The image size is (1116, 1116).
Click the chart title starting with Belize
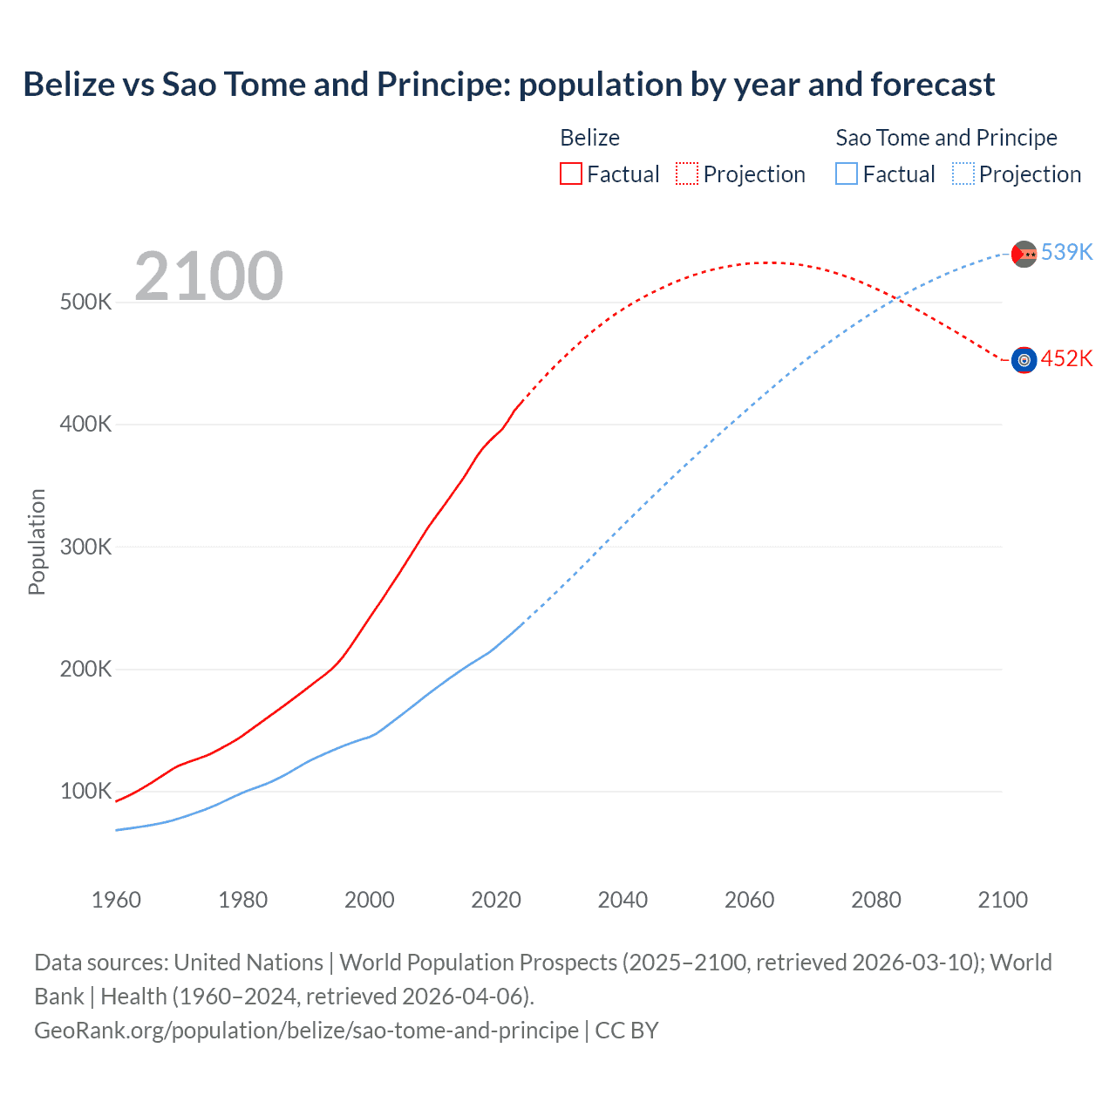point(508,85)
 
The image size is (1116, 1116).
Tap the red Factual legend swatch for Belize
point(570,174)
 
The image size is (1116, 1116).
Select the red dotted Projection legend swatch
point(687,174)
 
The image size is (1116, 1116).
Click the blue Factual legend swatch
point(846,174)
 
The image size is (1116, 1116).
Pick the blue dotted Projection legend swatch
point(963,174)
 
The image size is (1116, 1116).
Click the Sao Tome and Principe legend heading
point(946,138)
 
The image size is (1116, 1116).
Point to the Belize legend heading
point(589,138)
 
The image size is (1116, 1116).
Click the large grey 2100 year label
point(208,276)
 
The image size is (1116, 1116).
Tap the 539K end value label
point(1066,252)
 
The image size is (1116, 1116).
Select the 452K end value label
point(1066,358)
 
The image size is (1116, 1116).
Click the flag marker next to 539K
point(1024,254)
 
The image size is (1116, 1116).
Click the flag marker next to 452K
point(1024,360)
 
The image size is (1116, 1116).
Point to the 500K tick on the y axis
point(85,303)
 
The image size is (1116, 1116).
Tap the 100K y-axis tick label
point(85,792)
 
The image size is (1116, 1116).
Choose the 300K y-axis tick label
point(85,547)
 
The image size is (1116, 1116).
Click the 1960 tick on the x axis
point(116,900)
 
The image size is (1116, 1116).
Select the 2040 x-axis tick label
point(623,900)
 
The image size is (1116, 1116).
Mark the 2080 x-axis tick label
point(876,900)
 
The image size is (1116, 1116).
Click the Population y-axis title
point(37,541)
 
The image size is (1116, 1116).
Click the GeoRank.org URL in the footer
point(306,1031)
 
